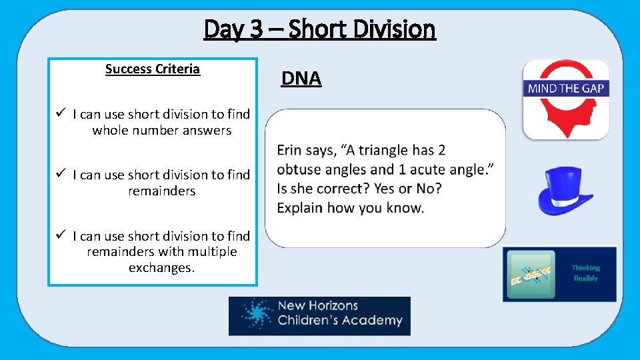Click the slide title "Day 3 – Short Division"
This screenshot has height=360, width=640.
(319, 29)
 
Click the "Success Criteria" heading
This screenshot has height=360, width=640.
(153, 69)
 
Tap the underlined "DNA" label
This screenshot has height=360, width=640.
(301, 79)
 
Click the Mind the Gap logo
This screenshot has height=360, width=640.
(565, 99)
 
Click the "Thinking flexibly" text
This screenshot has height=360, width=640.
(585, 273)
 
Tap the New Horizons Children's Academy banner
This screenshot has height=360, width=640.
(319, 316)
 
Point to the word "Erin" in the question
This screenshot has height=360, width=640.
(291, 150)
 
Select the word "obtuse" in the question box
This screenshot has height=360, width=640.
(299, 169)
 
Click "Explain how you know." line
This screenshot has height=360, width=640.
(350, 208)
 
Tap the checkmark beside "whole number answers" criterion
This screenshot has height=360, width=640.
(59, 114)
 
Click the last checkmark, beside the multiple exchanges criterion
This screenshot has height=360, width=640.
(59, 235)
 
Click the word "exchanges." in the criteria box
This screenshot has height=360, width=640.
(162, 268)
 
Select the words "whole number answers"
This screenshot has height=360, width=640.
(162, 131)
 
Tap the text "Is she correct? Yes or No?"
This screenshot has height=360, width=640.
(359, 189)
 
